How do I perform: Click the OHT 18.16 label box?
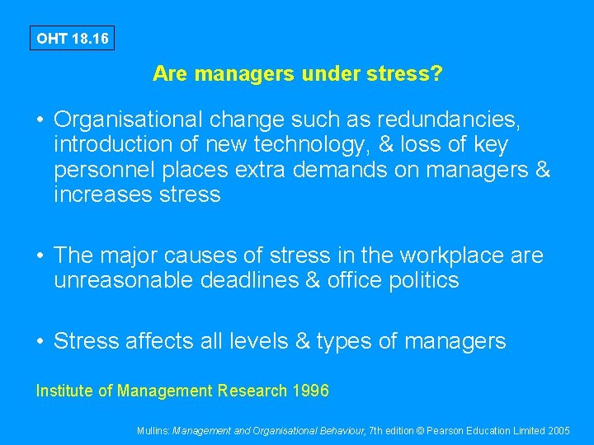coord(72,38)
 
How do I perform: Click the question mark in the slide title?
coord(436,74)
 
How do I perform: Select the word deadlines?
coord(252,281)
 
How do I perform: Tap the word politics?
coord(421,281)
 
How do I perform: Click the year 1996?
coord(310,391)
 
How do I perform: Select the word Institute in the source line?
coord(64,391)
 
